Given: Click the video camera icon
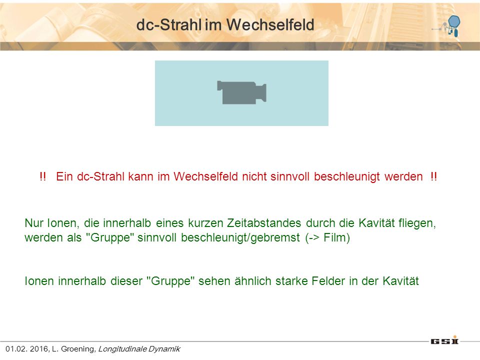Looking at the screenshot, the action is (241, 92).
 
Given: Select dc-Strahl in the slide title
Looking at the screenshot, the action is (169, 24).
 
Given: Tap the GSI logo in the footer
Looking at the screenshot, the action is (444, 340).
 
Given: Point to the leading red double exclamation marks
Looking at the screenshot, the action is (43, 176).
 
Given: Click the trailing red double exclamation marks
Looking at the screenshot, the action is (433, 176).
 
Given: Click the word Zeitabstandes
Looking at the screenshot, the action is (264, 223).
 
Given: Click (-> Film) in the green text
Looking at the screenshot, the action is (327, 237).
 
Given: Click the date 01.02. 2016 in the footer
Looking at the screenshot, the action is (26, 349).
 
